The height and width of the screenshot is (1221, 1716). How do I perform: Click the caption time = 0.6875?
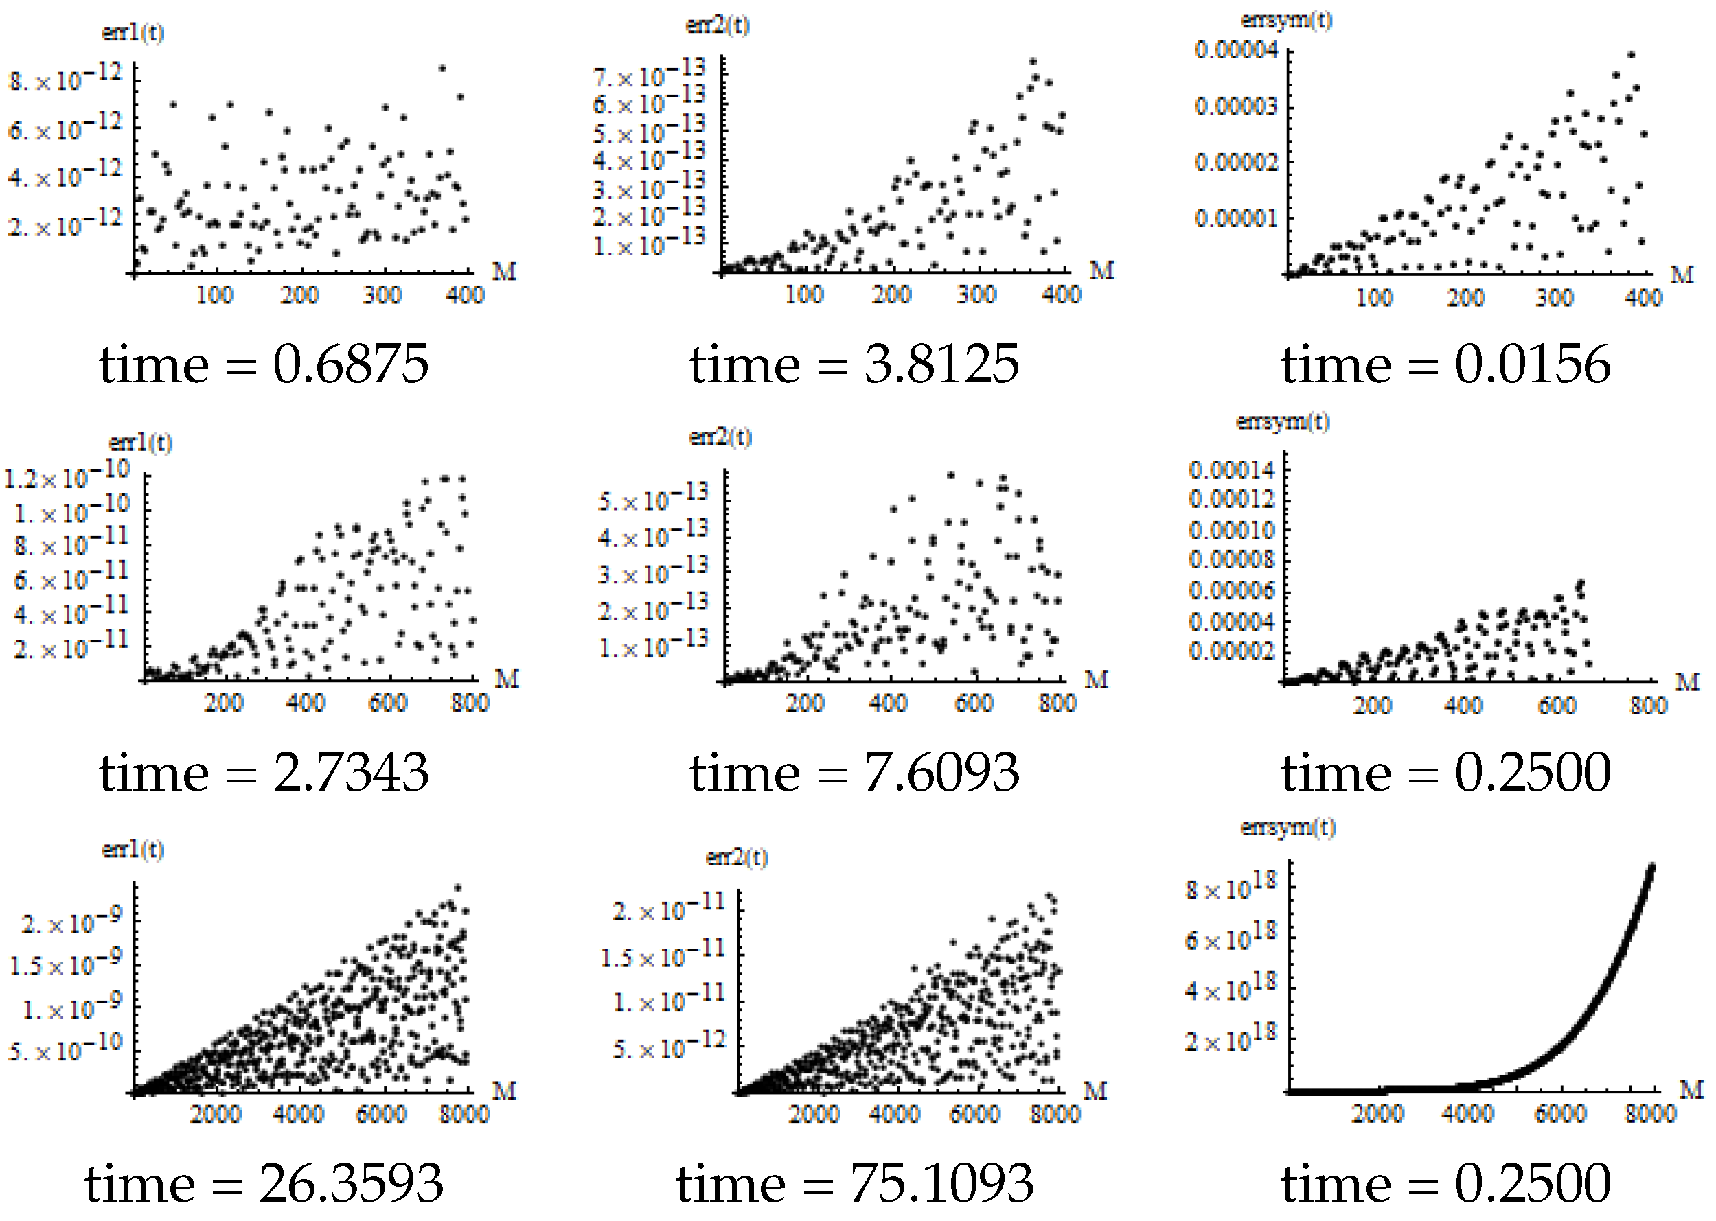[264, 364]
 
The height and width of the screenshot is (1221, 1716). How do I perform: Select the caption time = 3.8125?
[855, 364]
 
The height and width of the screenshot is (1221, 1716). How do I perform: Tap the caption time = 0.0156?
[1446, 364]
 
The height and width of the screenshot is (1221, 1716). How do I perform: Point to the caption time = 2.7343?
[264, 773]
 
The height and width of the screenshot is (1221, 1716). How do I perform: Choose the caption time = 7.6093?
[855, 773]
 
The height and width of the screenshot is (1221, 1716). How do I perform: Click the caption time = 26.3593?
[264, 1183]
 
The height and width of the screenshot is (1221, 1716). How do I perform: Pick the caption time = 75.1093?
[855, 1183]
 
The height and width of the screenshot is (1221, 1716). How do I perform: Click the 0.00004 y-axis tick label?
[1236, 51]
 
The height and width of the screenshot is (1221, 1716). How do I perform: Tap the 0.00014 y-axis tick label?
[1231, 471]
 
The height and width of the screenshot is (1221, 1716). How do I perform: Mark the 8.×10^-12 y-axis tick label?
[65, 78]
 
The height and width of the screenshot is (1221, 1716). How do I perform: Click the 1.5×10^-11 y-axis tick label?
[662, 956]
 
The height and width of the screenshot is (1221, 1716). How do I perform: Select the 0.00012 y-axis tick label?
[1231, 499]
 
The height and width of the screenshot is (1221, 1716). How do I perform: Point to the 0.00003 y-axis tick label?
[1236, 106]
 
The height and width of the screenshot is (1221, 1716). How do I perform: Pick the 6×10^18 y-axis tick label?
[1231, 938]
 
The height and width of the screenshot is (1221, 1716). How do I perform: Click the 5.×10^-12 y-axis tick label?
[670, 1047]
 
